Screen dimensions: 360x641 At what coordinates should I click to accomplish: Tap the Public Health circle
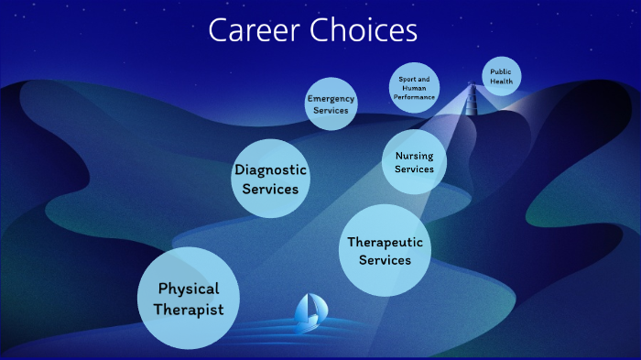(x=501, y=76)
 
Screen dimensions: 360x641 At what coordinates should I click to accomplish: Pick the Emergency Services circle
(x=331, y=104)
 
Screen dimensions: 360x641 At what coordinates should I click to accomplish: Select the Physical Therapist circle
(x=188, y=299)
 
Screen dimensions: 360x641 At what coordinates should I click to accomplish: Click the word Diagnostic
(x=271, y=169)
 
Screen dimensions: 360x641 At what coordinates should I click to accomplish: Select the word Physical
(x=189, y=289)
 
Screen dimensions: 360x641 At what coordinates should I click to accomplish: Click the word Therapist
(x=189, y=310)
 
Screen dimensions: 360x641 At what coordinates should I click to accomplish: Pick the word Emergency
(x=331, y=98)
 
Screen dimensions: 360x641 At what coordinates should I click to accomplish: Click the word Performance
(x=414, y=96)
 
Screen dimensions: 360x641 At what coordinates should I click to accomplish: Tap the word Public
(x=501, y=71)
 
